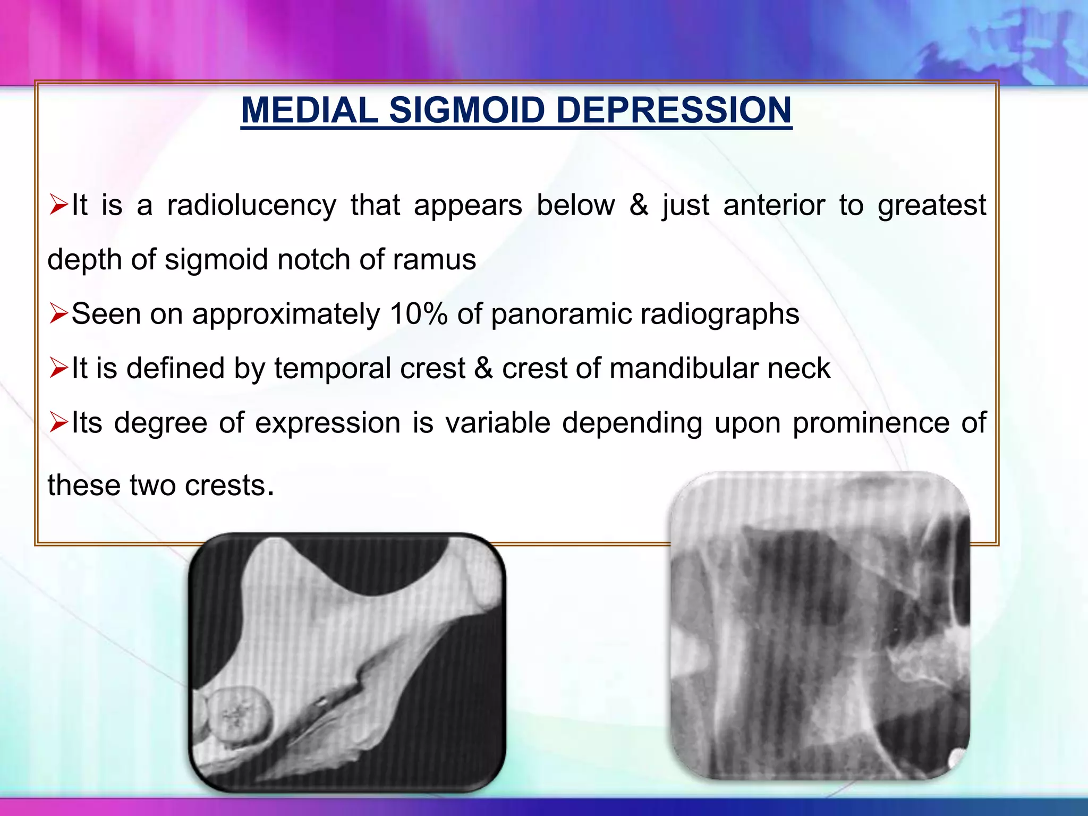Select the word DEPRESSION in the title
point(674,110)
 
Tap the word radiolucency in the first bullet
point(251,205)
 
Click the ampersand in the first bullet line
point(639,205)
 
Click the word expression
point(328,423)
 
